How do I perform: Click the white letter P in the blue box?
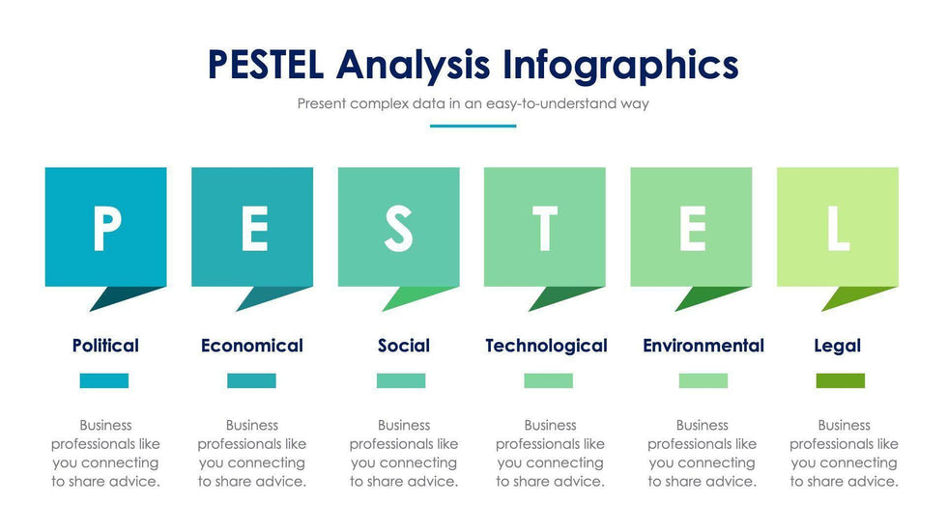107,228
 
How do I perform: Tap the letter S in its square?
398,228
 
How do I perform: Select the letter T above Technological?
545,228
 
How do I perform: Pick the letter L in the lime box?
839,228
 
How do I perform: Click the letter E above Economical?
255,228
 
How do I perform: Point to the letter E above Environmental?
693,228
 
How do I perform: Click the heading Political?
105,346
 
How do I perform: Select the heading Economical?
252,346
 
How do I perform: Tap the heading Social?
404,346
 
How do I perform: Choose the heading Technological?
546,347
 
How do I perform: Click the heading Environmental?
703,346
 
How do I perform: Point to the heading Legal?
837,347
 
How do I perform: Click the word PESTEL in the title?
266,65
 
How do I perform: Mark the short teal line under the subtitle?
473,126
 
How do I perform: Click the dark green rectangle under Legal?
840,380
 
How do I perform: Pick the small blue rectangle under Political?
104,380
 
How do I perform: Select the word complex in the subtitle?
379,103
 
